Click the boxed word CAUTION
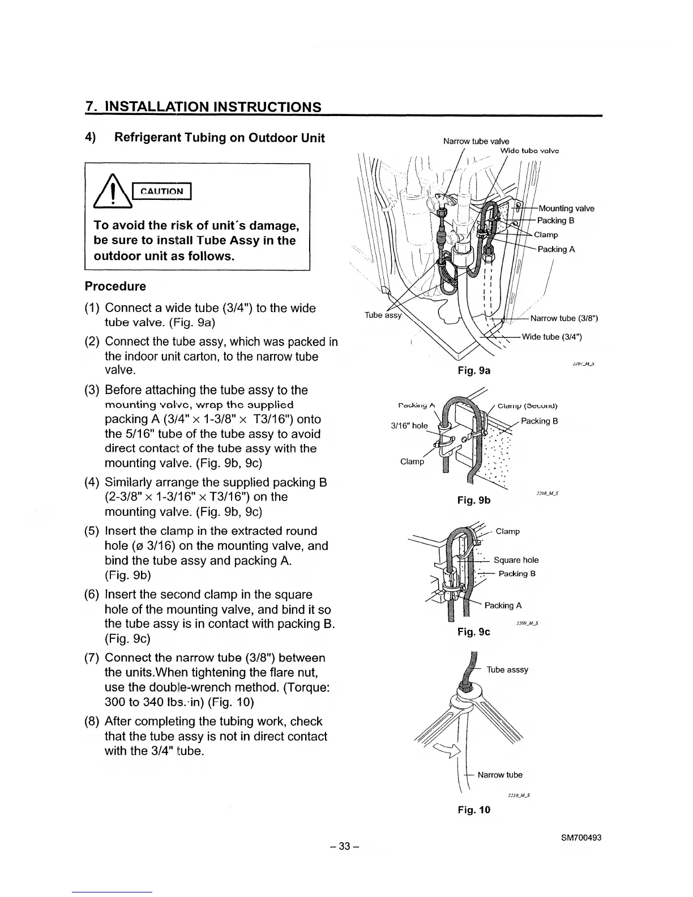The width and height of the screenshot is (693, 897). click(x=162, y=191)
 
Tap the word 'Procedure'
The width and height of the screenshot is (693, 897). click(x=115, y=287)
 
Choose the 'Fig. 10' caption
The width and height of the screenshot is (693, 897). click(x=473, y=810)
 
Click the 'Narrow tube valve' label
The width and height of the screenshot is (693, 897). click(x=476, y=141)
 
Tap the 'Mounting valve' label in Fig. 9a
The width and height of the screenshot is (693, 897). click(x=566, y=208)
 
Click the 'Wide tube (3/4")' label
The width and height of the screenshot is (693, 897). click(x=551, y=338)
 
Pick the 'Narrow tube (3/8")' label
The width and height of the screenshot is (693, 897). click(x=564, y=318)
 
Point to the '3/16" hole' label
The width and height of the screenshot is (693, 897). click(x=409, y=426)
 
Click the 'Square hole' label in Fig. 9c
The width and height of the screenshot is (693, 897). click(x=516, y=560)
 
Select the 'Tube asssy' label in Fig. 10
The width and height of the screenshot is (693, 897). click(x=507, y=670)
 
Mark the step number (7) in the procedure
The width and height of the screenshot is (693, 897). click(x=92, y=658)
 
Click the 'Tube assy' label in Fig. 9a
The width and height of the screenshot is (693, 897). click(x=382, y=315)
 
